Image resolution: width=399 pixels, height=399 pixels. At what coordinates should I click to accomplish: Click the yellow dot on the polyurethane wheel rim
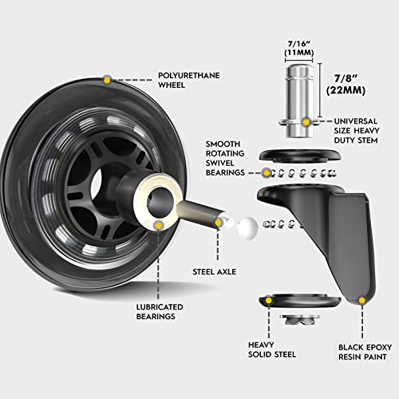(107, 80)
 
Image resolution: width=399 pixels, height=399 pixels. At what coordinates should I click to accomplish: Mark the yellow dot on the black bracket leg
(363, 301)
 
